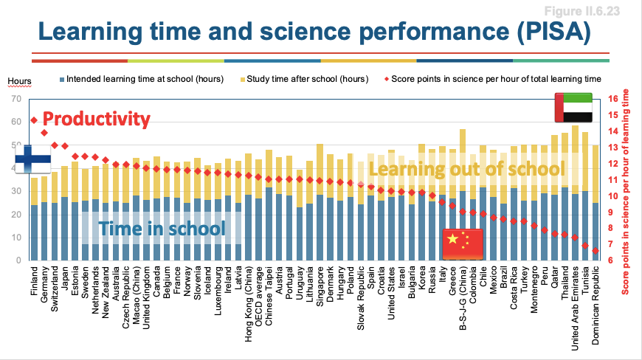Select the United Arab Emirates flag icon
573,108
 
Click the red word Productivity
96,119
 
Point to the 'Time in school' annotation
162,228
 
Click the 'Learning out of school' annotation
466,169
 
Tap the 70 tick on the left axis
13,98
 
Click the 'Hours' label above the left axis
19,81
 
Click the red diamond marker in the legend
386,78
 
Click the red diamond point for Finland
34,120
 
